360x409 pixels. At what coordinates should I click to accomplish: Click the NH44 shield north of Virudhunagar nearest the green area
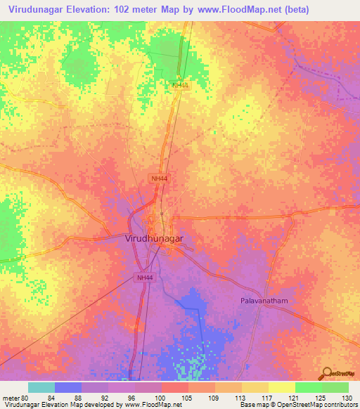(180, 86)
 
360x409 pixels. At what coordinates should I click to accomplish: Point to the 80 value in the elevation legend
(25, 398)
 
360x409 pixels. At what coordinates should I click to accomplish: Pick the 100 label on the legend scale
(161, 398)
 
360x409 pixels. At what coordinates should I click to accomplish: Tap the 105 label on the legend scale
(188, 398)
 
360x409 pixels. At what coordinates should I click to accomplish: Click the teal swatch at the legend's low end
(41, 387)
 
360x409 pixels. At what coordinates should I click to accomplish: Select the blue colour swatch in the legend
(68, 387)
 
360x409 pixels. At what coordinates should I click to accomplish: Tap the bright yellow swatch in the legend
(281, 387)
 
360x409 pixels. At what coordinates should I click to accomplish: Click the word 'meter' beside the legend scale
(10, 398)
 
